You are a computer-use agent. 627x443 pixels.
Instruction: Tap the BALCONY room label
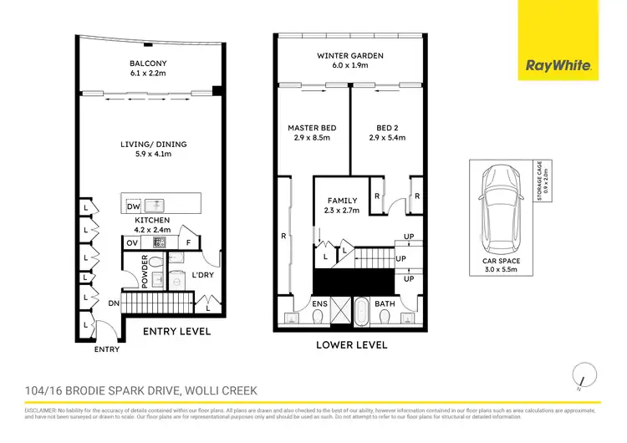tap(150, 63)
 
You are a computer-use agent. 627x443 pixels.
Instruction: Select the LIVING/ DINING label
tap(153, 144)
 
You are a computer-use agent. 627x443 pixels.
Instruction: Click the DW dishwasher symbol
tap(134, 206)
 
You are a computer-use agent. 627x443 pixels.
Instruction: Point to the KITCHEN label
tap(153, 220)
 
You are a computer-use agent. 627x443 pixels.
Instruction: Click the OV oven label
tap(132, 243)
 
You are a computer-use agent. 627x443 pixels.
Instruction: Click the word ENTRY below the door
tap(106, 350)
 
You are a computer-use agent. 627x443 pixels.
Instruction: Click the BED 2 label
tap(386, 128)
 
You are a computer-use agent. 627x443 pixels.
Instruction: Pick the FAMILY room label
tap(341, 201)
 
